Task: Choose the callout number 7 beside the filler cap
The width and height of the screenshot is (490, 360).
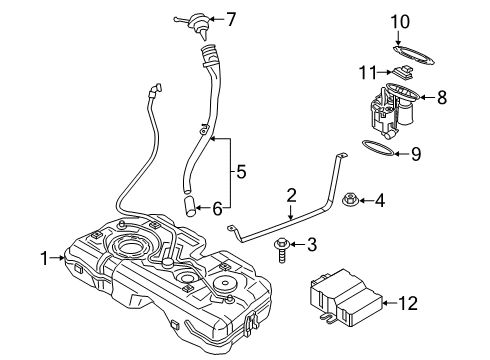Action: coord(230,19)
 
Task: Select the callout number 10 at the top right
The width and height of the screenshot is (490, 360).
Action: coord(400,20)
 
